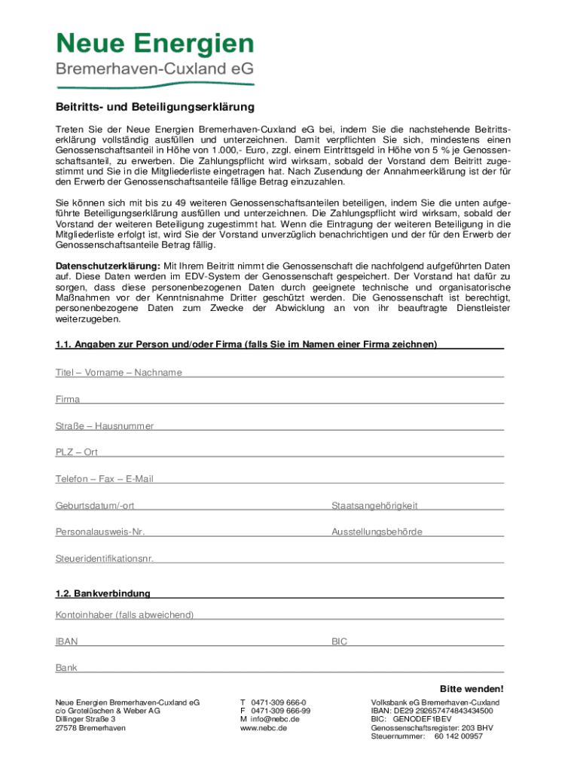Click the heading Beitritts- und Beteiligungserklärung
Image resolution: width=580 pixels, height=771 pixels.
[154, 107]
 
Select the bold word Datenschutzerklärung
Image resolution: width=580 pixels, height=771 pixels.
[108, 266]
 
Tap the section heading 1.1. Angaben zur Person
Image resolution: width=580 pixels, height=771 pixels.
[246, 345]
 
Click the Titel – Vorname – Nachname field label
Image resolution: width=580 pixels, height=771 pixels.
[118, 373]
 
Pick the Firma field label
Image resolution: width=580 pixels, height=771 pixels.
[68, 399]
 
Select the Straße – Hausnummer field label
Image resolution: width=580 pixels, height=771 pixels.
[105, 426]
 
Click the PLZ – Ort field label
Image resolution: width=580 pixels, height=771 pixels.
[76, 453]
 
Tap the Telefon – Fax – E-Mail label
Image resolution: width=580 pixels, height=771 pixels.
[105, 479]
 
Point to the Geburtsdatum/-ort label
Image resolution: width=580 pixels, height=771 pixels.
[95, 506]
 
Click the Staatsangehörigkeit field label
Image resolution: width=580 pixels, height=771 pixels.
[374, 506]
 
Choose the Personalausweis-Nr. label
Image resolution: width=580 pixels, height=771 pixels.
[100, 532]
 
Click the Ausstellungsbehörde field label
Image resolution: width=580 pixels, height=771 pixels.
[377, 532]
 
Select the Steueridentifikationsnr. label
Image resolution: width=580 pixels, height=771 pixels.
[105, 559]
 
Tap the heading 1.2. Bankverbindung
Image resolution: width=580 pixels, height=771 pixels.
[102, 593]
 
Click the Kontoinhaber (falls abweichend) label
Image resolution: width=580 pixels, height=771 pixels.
[124, 615]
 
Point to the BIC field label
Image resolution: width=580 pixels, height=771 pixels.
[339, 641]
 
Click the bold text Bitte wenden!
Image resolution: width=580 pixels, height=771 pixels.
[472, 689]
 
